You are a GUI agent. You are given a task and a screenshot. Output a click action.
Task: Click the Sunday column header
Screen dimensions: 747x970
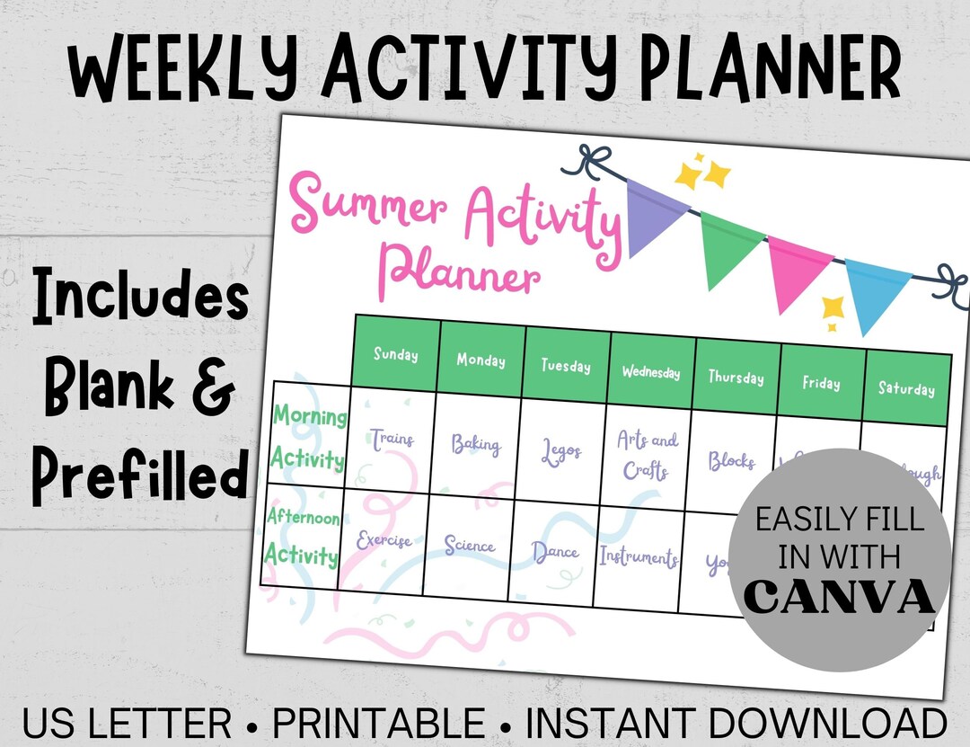pos(396,354)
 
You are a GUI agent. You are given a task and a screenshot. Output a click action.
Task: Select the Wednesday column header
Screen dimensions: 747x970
pos(651,371)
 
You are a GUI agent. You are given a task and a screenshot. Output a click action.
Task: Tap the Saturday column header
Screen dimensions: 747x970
pos(906,388)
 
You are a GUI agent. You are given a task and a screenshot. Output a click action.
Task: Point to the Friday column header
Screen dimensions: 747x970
pos(822,383)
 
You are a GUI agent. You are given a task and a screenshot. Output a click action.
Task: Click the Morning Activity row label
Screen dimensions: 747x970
pos(309,438)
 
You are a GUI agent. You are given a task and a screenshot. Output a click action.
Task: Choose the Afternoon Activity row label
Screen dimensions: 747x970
pos(304,538)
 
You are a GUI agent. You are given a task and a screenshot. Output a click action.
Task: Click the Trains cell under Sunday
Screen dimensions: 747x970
pos(392,440)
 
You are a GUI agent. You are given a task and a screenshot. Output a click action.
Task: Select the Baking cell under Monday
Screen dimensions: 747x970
pos(476,444)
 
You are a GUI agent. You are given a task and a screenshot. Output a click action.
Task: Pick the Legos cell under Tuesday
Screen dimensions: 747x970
pos(562,450)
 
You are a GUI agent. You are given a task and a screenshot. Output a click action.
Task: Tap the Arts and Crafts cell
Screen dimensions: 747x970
pos(647,455)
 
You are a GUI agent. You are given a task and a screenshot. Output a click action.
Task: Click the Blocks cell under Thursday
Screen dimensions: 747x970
pos(731,461)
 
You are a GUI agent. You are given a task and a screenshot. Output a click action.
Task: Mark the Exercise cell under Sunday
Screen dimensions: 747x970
pos(384,541)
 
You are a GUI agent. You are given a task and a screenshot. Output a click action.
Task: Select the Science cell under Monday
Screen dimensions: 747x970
pos(469,546)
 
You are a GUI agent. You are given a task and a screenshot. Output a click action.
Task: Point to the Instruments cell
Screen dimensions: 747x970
pos(639,556)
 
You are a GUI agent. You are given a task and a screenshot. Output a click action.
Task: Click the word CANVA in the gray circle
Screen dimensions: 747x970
pos(838,598)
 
